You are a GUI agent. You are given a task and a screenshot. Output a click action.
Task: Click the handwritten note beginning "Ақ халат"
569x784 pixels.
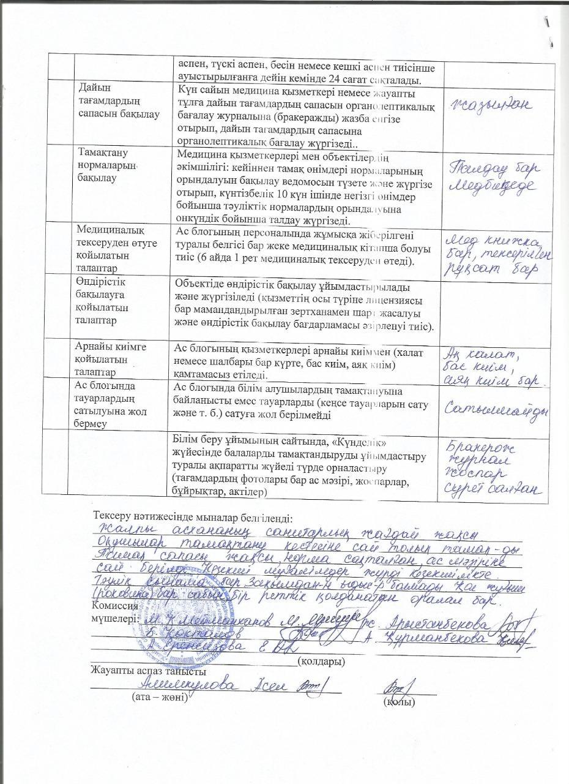pyautogui.click(x=480, y=354)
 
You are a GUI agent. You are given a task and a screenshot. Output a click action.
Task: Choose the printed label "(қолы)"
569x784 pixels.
pyautogui.click(x=399, y=701)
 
